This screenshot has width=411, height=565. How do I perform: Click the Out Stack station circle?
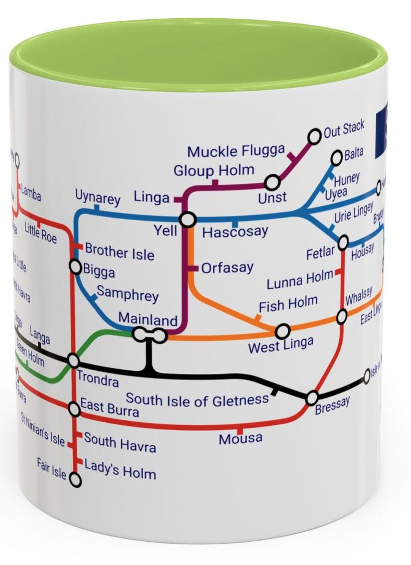click(314, 137)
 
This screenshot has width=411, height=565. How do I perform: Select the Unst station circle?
click(272, 183)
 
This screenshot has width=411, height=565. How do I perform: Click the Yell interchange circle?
click(188, 220)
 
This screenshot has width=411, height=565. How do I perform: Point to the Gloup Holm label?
click(214, 170)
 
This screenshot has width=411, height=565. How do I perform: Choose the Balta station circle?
click(337, 156)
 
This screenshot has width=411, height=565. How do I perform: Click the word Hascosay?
click(235, 232)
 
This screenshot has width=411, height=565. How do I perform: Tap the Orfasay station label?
click(227, 268)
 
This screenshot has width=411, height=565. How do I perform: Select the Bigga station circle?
click(76, 267)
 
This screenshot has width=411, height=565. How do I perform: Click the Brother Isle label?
click(119, 252)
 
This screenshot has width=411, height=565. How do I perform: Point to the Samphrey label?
click(127, 294)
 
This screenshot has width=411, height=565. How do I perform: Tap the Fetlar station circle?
click(343, 243)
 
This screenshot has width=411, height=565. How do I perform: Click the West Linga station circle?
click(282, 330)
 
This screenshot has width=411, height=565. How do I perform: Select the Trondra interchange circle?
click(73, 360)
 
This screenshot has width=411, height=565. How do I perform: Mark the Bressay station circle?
click(312, 398)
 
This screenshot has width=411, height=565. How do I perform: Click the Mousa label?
click(240, 439)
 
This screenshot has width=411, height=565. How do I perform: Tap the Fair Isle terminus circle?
click(75, 480)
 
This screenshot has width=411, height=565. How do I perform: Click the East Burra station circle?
click(75, 410)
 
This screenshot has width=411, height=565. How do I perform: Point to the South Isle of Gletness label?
click(198, 400)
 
